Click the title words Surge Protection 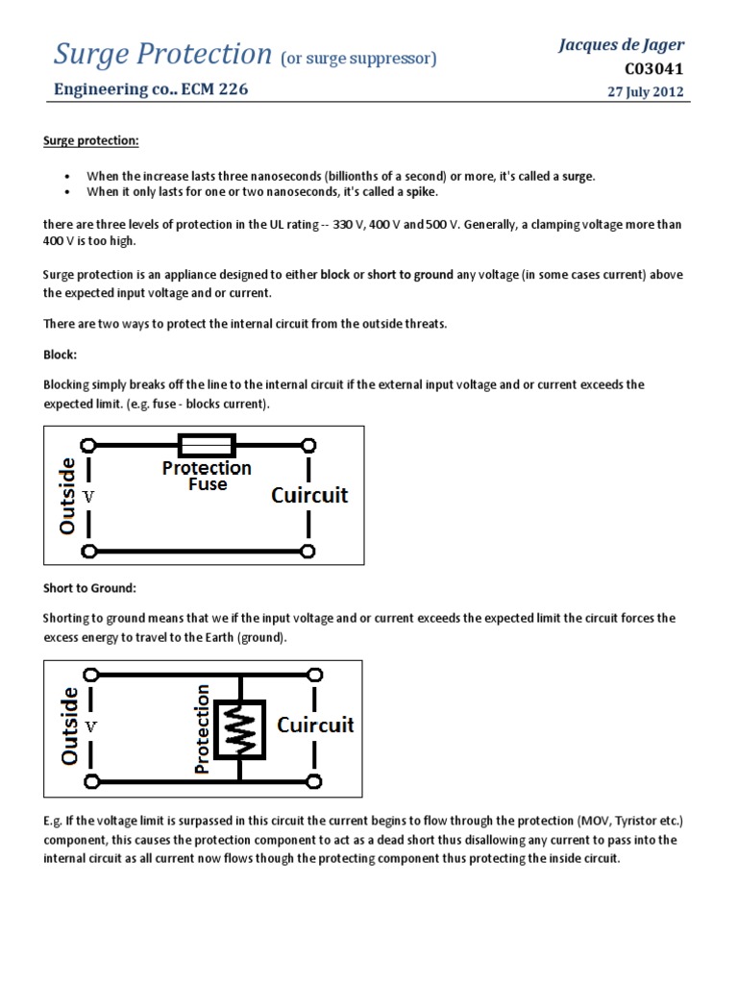pyautogui.click(x=162, y=55)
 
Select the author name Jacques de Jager pyautogui.click(x=622, y=44)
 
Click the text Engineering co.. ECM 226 pyautogui.click(x=151, y=89)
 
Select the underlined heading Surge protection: pyautogui.click(x=91, y=140)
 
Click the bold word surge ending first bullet pyautogui.click(x=578, y=176)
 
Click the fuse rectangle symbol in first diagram pyautogui.click(x=206, y=445)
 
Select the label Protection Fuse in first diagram pyautogui.click(x=207, y=476)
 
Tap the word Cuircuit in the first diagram pyautogui.click(x=309, y=495)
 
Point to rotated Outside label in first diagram pyautogui.click(x=66, y=496)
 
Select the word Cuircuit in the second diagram pyautogui.click(x=315, y=725)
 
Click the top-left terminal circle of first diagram pyautogui.click(x=89, y=445)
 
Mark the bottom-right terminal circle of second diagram pyautogui.click(x=309, y=778)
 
